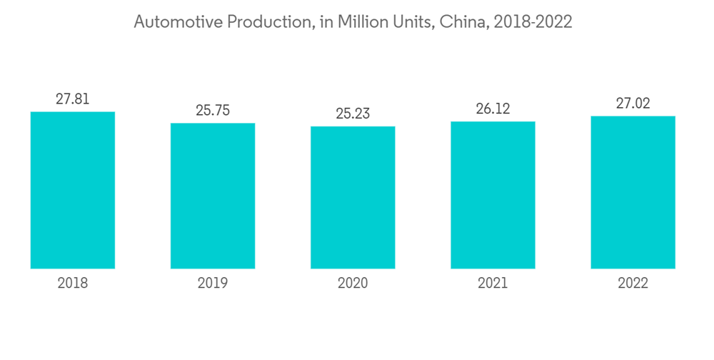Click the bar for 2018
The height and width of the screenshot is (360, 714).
click(72, 190)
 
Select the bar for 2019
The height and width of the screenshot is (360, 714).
click(213, 196)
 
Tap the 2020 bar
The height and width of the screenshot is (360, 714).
click(353, 197)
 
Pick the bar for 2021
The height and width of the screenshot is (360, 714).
click(493, 195)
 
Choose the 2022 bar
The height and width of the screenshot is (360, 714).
click(633, 192)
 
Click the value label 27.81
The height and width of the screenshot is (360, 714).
click(72, 99)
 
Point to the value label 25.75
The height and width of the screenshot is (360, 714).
click(213, 111)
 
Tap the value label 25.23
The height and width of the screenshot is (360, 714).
click(353, 114)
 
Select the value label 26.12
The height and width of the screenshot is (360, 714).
click(493, 109)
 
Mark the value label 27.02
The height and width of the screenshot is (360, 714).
click(633, 104)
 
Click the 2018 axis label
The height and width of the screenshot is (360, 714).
click(72, 284)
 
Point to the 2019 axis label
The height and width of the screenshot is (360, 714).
click(213, 284)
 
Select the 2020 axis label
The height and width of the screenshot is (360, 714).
click(353, 284)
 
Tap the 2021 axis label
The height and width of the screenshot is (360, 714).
click(493, 284)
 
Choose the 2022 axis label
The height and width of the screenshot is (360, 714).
click(633, 284)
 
